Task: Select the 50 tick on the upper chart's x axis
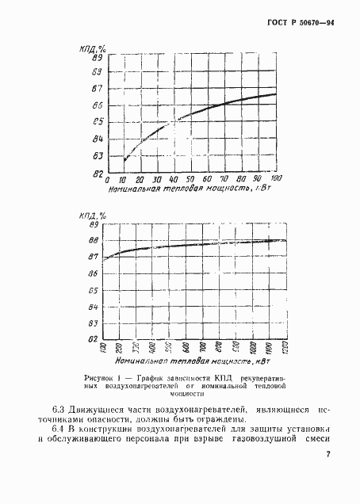click(193, 180)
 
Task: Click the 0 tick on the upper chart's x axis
click(108, 180)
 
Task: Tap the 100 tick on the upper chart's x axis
click(277, 179)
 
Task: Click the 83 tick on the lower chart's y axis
click(94, 323)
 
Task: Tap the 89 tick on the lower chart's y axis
click(94, 224)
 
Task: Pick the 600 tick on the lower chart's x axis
click(184, 349)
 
